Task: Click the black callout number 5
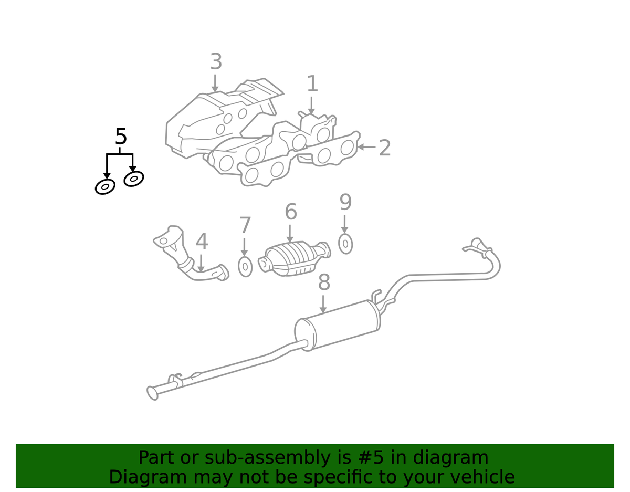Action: [121, 137]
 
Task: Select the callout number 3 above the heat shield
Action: [216, 61]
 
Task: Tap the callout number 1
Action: [312, 84]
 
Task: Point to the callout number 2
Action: [385, 148]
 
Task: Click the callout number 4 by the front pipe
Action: [202, 242]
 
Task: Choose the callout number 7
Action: [245, 225]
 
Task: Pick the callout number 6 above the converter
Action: [291, 212]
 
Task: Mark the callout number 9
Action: [345, 202]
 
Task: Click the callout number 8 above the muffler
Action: [324, 282]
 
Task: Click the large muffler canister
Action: [338, 326]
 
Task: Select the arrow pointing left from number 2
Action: [367, 147]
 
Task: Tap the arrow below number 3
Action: [215, 83]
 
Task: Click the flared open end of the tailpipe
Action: [153, 393]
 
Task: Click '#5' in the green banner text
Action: [371, 458]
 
